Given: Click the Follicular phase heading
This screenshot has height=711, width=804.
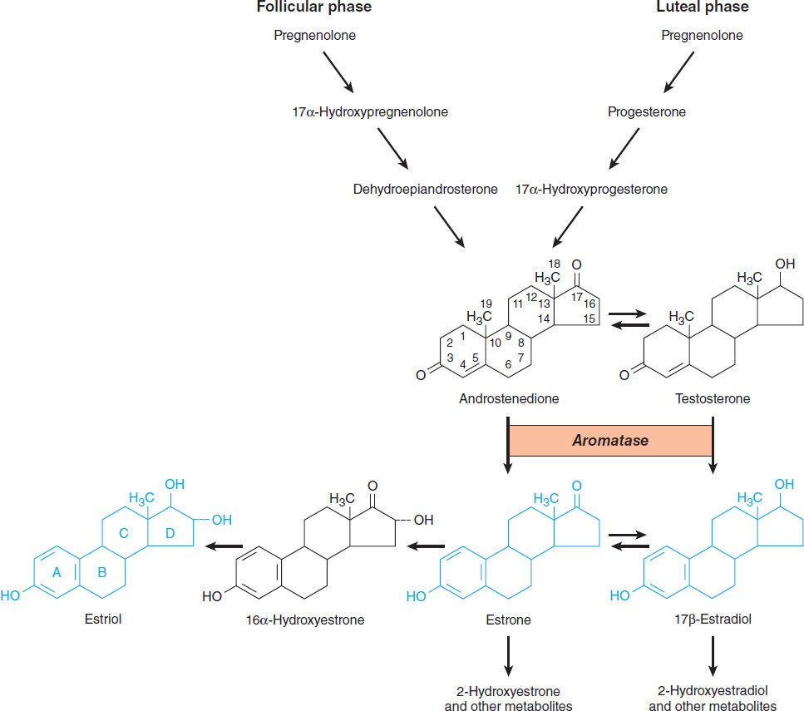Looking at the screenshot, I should click(x=313, y=7).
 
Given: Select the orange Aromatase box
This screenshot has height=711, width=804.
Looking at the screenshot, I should click(x=609, y=441).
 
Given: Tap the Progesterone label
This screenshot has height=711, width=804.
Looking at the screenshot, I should click(x=647, y=112).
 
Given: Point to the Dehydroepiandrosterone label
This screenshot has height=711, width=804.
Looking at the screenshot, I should click(x=425, y=190).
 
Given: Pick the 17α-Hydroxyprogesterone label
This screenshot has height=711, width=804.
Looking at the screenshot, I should click(x=591, y=190).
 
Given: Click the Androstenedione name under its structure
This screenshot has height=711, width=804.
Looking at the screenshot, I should click(x=509, y=398).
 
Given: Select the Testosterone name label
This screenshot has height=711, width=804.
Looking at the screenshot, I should click(x=713, y=398).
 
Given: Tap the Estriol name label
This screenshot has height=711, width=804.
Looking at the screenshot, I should click(x=103, y=619).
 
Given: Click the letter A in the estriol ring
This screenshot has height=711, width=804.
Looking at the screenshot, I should click(x=57, y=572).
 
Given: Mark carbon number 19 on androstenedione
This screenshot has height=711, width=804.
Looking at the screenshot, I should click(x=487, y=304).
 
